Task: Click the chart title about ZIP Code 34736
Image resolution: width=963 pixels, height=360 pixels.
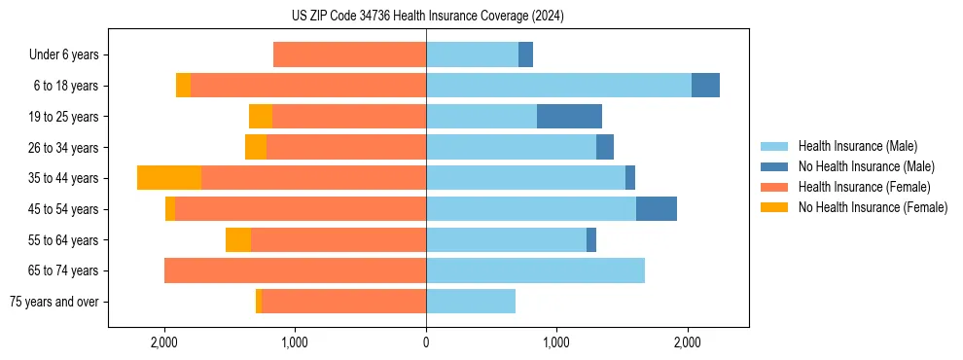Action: point(427,17)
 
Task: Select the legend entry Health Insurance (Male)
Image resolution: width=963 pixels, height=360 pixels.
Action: point(857,146)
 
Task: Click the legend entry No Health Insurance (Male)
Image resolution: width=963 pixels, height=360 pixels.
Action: point(866,166)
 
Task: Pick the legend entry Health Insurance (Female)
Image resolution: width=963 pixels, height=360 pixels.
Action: point(864,187)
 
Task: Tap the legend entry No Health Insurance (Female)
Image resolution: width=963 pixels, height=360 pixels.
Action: point(873,207)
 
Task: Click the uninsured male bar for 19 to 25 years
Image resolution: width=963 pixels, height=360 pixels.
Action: point(569,117)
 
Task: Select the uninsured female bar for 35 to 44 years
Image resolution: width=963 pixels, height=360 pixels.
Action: point(169,178)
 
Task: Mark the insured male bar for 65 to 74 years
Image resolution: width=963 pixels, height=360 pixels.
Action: point(535,270)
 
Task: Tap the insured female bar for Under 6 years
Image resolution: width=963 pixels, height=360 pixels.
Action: point(349,55)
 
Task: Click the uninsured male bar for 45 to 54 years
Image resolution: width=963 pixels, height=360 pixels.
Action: point(657,209)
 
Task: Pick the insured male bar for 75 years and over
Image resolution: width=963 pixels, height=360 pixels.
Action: point(471,302)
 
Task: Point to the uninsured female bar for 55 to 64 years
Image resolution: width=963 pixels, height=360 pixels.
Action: point(238,240)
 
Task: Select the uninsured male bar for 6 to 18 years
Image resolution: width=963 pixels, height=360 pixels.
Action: point(705,86)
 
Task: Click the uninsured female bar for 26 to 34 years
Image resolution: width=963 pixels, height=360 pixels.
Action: point(256,148)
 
